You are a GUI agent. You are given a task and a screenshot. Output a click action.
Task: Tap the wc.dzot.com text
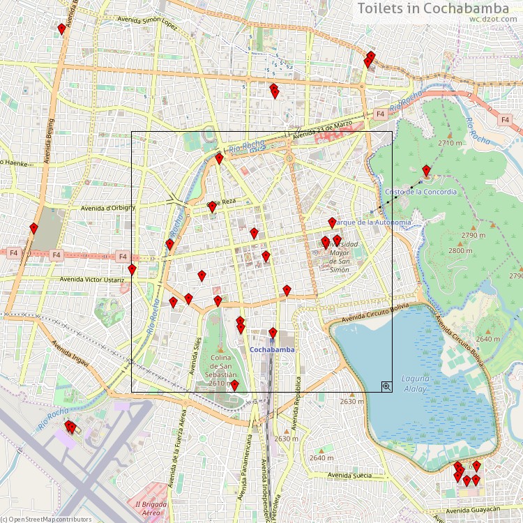494,20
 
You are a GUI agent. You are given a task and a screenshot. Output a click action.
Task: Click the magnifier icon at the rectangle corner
386,386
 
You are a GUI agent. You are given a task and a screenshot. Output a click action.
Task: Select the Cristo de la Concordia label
421,192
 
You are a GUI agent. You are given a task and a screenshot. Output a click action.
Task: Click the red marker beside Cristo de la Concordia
425,171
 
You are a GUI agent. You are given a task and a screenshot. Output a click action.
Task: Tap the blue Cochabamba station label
272,349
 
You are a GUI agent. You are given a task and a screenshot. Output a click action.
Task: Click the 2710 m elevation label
450,143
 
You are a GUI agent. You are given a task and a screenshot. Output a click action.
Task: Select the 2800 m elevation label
460,250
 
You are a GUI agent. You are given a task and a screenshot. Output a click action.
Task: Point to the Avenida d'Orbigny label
107,207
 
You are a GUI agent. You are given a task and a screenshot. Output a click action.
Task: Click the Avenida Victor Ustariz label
93,280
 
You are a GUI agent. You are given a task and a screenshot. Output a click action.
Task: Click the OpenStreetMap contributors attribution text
46,519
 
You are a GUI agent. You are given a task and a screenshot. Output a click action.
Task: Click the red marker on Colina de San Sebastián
234,386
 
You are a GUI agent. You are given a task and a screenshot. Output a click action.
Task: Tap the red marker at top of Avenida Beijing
61,29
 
